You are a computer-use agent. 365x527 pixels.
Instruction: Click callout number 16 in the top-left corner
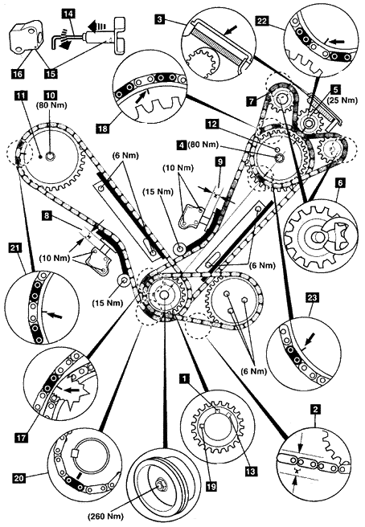pyautogui.click(x=18, y=73)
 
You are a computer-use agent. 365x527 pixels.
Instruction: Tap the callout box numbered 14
pyautogui.click(x=68, y=14)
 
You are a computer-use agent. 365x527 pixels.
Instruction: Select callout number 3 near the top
pyautogui.click(x=160, y=19)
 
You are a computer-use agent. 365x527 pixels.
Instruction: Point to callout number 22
pyautogui.click(x=262, y=21)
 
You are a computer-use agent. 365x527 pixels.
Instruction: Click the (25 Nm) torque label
pyautogui.click(x=342, y=100)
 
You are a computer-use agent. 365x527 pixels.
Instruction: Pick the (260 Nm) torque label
pyautogui.click(x=106, y=517)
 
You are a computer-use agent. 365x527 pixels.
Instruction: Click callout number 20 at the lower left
pyautogui.click(x=19, y=477)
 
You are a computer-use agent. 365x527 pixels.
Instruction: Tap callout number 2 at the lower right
pyautogui.click(x=315, y=410)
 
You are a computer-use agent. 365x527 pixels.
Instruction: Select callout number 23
pyautogui.click(x=312, y=297)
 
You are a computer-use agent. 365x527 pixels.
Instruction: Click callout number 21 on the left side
pyautogui.click(x=16, y=248)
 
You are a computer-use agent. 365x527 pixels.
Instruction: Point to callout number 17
pyautogui.click(x=21, y=437)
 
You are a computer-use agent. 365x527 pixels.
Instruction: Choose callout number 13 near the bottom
pyautogui.click(x=251, y=472)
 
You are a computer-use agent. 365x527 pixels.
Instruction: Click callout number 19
pyautogui.click(x=211, y=486)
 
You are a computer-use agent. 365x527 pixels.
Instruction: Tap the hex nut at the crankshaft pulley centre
pyautogui.click(x=158, y=485)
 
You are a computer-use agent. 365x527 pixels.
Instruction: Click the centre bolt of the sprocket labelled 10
pyautogui.click(x=51, y=156)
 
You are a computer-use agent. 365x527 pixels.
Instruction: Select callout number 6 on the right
pyautogui.click(x=340, y=183)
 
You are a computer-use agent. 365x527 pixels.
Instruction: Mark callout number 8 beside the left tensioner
pyautogui.click(x=47, y=214)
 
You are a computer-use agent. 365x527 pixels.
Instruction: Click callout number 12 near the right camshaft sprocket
pyautogui.click(x=212, y=124)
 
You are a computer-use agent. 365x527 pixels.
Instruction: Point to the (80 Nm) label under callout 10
pyautogui.click(x=51, y=105)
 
